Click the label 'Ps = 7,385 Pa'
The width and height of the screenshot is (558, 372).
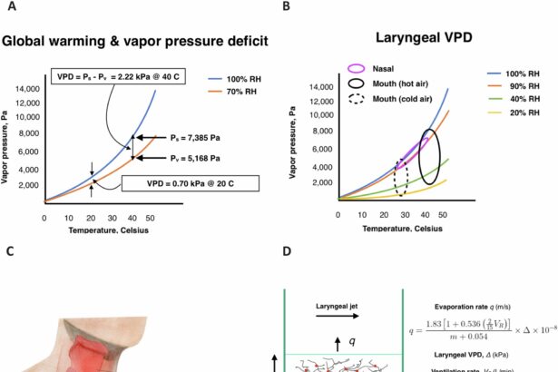click(x=194, y=138)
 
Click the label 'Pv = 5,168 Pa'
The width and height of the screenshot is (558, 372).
click(x=194, y=156)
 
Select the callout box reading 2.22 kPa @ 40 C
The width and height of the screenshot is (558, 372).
click(x=117, y=76)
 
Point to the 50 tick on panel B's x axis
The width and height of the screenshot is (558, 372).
click(x=442, y=215)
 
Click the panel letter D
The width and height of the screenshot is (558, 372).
click(x=288, y=253)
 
